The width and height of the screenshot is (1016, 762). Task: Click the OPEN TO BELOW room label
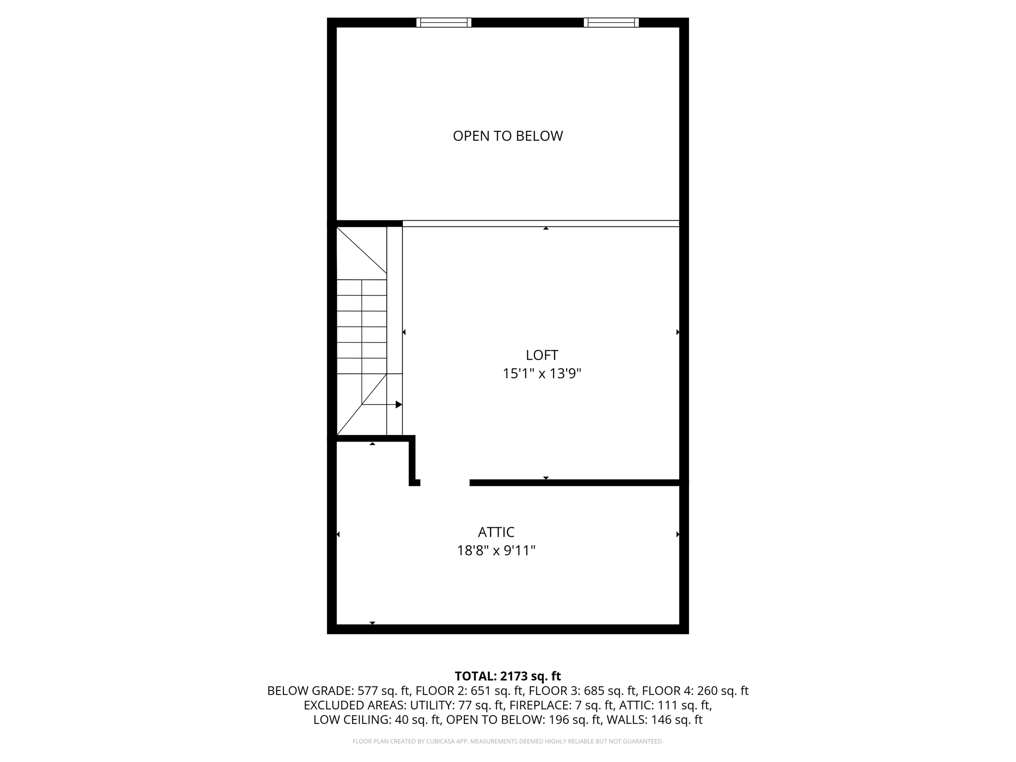click(x=508, y=136)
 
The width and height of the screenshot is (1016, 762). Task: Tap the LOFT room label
click(x=542, y=355)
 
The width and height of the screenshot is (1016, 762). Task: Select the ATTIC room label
click(x=496, y=532)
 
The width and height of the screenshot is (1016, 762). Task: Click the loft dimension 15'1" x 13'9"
click(x=542, y=374)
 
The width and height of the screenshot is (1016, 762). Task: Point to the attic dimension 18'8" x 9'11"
click(x=496, y=551)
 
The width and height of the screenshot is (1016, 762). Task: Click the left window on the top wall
click(x=444, y=22)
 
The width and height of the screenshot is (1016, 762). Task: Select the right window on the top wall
click(x=611, y=22)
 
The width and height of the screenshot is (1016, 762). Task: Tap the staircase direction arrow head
click(x=398, y=405)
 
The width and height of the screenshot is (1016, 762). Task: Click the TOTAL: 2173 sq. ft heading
click(x=508, y=676)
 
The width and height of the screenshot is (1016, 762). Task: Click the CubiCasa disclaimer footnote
click(x=508, y=742)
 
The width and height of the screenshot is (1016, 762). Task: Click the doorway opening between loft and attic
click(x=444, y=483)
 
